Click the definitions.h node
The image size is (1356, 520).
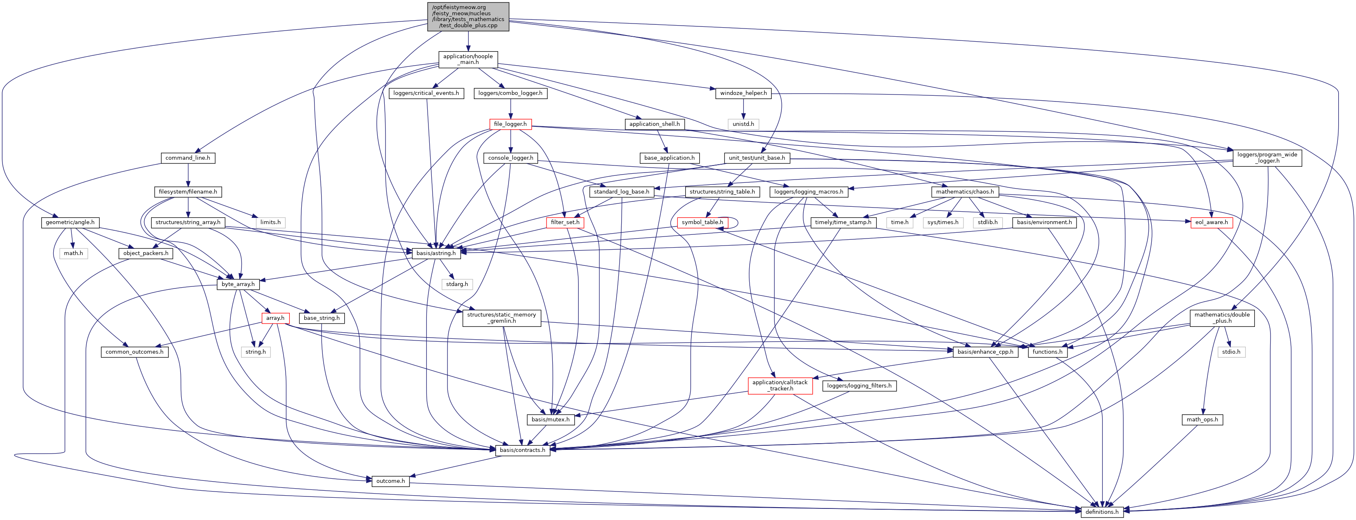click(1102, 512)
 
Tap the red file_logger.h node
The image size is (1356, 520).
click(510, 124)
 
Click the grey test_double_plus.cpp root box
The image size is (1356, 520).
click(468, 17)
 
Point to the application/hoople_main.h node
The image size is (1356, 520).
click(468, 59)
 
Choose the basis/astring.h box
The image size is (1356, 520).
click(436, 253)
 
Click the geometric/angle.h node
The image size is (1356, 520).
click(70, 222)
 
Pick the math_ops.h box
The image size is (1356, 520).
click(1202, 419)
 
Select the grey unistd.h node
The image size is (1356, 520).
click(743, 124)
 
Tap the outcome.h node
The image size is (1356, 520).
click(390, 481)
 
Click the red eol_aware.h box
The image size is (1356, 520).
click(1211, 222)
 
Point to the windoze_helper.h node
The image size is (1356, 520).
click(743, 93)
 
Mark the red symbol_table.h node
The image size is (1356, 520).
click(702, 222)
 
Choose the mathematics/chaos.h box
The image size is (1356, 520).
click(965, 192)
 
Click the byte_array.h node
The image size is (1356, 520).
click(238, 284)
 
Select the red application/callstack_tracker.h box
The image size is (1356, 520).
click(780, 386)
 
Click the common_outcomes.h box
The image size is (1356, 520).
click(134, 352)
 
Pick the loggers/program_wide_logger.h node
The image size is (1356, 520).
click(1267, 158)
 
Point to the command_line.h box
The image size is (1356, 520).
click(187, 158)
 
